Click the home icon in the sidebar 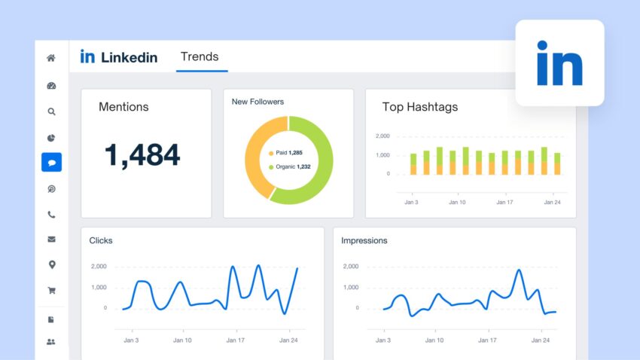51,58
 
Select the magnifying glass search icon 51,111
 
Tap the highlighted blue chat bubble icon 51,162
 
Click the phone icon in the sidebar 51,215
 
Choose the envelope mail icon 51,239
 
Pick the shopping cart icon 51,290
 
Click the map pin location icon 51,264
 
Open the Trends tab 200,57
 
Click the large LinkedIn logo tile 559,63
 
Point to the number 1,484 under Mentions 142,155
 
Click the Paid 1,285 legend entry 289,153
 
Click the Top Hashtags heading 420,107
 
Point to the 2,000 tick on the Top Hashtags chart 382,136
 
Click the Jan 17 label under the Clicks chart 236,340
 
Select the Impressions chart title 364,241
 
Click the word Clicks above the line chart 101,241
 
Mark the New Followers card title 258,102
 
